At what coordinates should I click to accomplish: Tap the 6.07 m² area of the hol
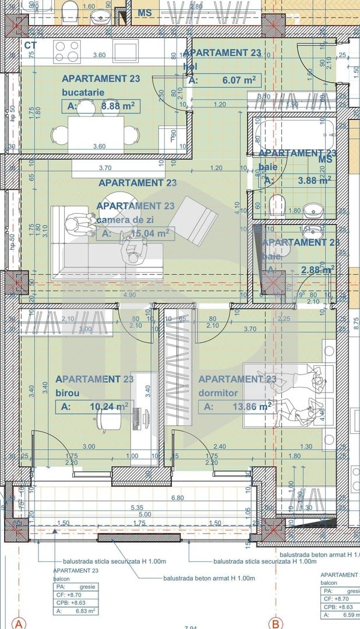pyautogui.click(x=238, y=80)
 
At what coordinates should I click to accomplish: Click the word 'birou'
pyautogui.click(x=67, y=393)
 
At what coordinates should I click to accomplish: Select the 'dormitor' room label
pyautogui.click(x=216, y=393)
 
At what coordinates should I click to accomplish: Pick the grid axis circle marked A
pyautogui.click(x=20, y=624)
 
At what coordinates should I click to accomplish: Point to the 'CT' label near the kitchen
pyautogui.click(x=31, y=45)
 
